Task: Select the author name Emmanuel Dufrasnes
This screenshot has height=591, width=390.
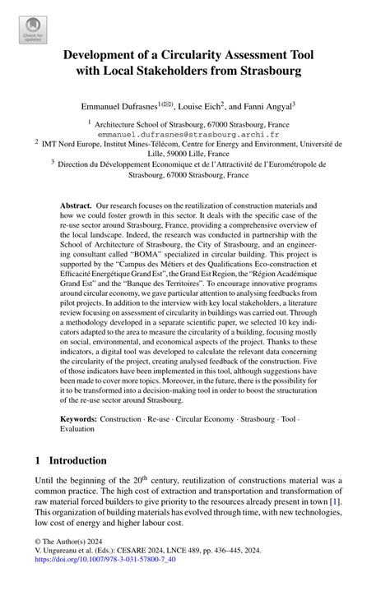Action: [x=120, y=106]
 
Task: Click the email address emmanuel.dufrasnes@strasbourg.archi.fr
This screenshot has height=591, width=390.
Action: [x=194, y=132]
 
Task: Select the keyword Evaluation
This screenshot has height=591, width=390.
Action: [x=81, y=430]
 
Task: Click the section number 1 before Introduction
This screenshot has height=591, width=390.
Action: [x=38, y=460]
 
